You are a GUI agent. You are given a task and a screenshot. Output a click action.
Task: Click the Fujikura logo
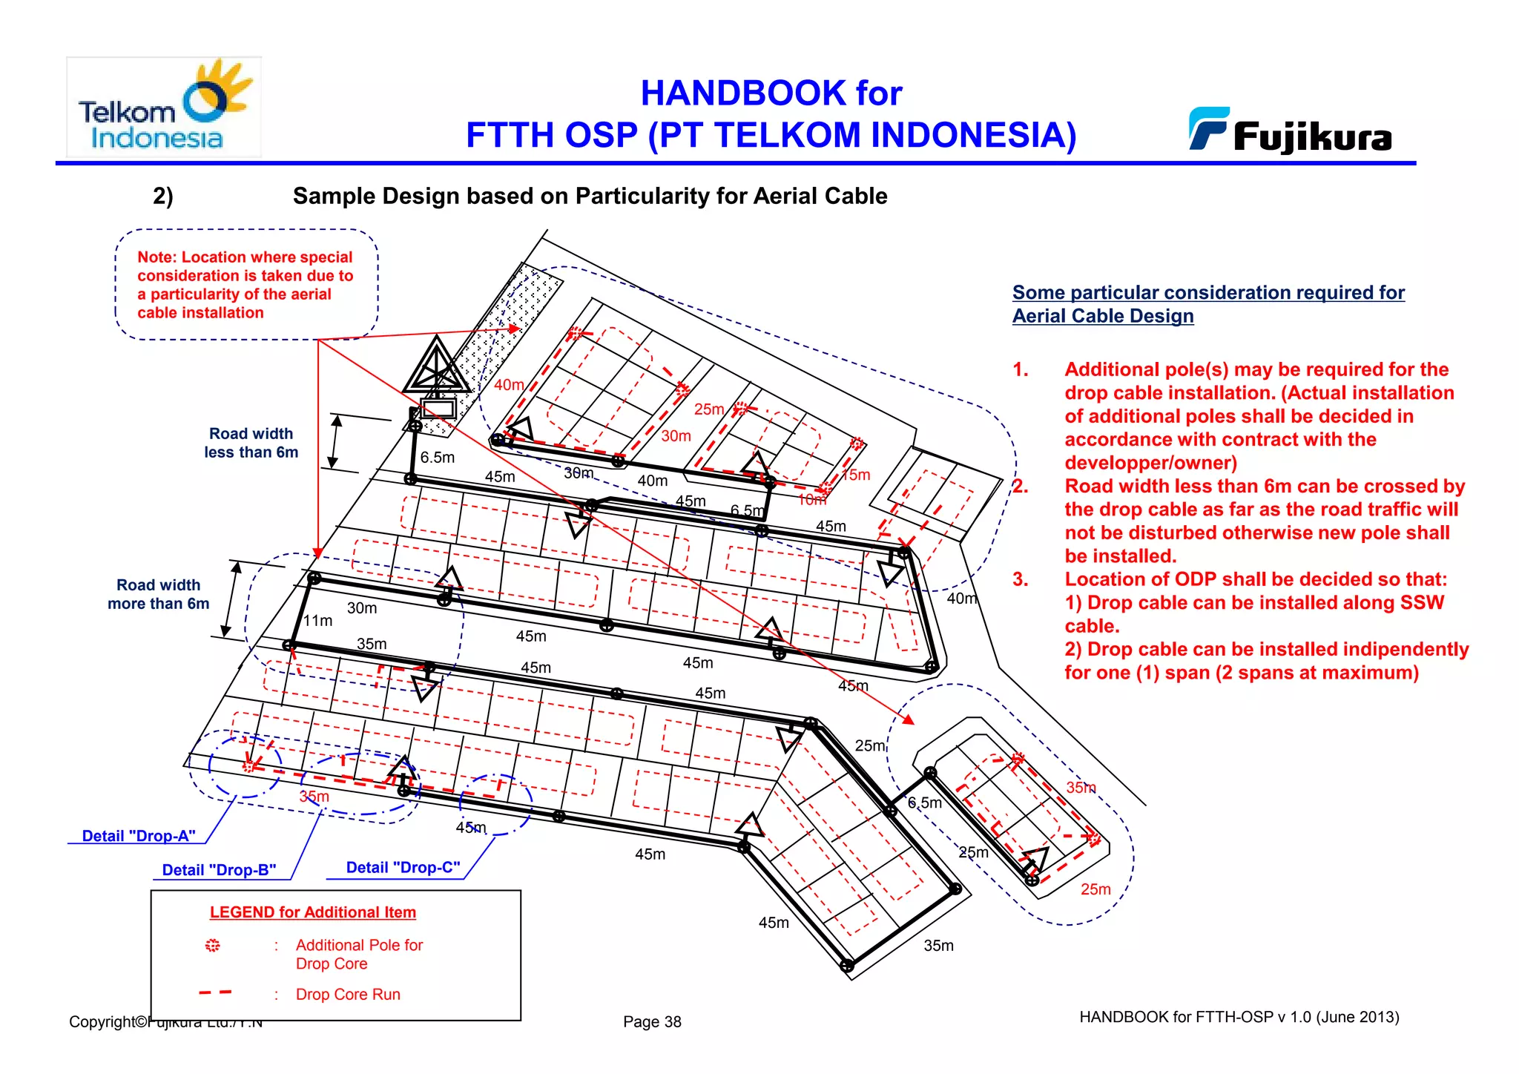click(x=1291, y=132)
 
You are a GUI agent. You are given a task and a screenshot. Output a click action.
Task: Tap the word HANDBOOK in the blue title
click(x=742, y=93)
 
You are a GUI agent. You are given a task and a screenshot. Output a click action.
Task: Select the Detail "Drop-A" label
click(x=139, y=836)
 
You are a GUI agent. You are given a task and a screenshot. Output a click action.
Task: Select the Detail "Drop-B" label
click(x=219, y=870)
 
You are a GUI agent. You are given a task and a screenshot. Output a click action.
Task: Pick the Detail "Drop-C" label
click(x=403, y=868)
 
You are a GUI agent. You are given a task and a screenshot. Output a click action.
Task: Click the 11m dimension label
click(x=317, y=621)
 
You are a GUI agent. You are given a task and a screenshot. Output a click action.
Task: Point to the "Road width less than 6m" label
click(x=251, y=443)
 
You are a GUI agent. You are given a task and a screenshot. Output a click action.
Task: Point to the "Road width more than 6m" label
click(x=158, y=594)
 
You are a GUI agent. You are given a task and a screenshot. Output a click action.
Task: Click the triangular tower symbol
click(x=437, y=367)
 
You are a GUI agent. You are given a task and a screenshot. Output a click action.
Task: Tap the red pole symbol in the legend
click(x=213, y=945)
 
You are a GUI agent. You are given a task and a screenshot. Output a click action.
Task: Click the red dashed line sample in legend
click(x=215, y=992)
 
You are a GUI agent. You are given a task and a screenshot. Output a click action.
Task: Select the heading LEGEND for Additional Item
click(x=312, y=912)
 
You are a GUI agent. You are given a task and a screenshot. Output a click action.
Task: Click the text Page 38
click(x=652, y=1021)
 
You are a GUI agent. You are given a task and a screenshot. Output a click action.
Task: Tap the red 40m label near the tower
click(x=509, y=385)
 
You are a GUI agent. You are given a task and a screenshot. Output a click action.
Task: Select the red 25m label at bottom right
click(x=1095, y=889)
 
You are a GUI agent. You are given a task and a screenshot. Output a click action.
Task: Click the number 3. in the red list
click(x=1021, y=579)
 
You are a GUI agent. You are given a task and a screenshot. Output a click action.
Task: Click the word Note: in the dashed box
click(x=156, y=257)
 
